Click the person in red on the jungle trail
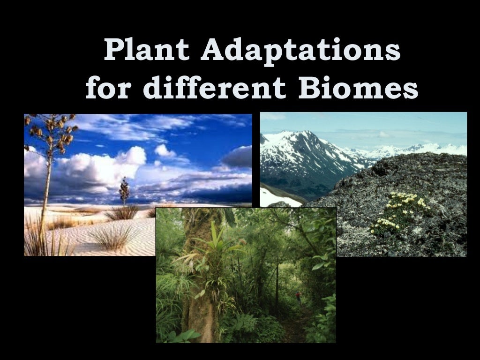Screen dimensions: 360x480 298,296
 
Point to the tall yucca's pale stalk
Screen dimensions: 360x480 45,197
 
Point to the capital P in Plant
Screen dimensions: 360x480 114,50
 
